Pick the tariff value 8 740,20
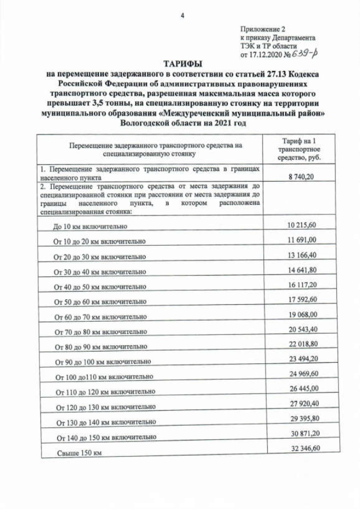point(300,176)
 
